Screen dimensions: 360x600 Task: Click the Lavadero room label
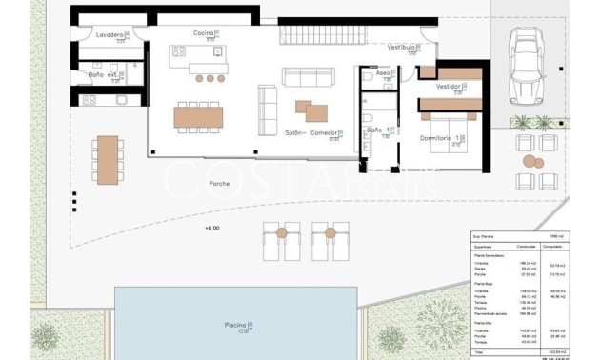[111, 35]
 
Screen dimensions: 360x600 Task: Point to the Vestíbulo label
[402, 47]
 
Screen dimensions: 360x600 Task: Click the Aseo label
[384, 73]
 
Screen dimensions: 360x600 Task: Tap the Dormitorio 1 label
[443, 139]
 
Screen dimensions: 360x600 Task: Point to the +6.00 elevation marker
[211, 229]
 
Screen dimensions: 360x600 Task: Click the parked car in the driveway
[525, 65]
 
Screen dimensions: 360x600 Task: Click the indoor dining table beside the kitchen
[198, 117]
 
